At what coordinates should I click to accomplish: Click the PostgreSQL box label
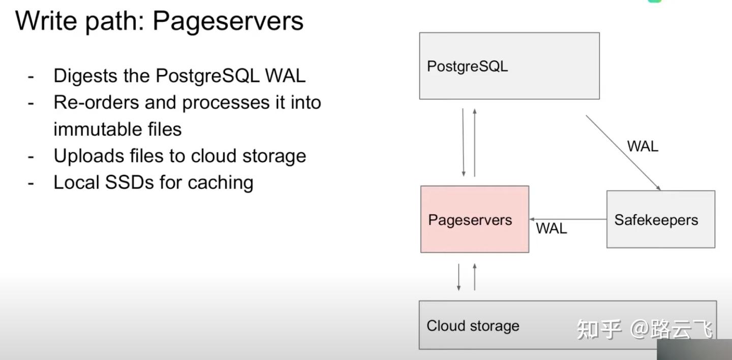coord(467,67)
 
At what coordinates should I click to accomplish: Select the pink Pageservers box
coord(475,219)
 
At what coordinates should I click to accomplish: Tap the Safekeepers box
coord(661,219)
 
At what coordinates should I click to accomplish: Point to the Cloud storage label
coord(473,325)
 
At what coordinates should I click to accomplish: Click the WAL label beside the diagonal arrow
coord(643,146)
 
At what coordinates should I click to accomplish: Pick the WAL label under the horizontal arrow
coord(551,228)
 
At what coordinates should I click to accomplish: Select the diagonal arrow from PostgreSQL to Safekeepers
coord(623,153)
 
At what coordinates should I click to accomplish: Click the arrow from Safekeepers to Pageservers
coord(568,219)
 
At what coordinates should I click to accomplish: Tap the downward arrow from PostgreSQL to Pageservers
coord(463,142)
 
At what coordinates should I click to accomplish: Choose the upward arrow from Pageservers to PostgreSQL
coord(474,142)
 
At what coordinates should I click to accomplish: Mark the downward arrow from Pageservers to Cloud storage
coord(459,277)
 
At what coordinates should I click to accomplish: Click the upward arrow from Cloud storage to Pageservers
coord(474,277)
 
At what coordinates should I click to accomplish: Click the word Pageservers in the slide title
coord(228,21)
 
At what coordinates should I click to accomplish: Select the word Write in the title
coord(46,20)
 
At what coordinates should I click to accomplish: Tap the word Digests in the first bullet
coord(85,76)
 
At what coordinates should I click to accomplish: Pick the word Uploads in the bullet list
coord(89,156)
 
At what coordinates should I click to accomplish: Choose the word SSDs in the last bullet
coord(130,182)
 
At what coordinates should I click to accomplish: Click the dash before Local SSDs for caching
coord(31,184)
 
